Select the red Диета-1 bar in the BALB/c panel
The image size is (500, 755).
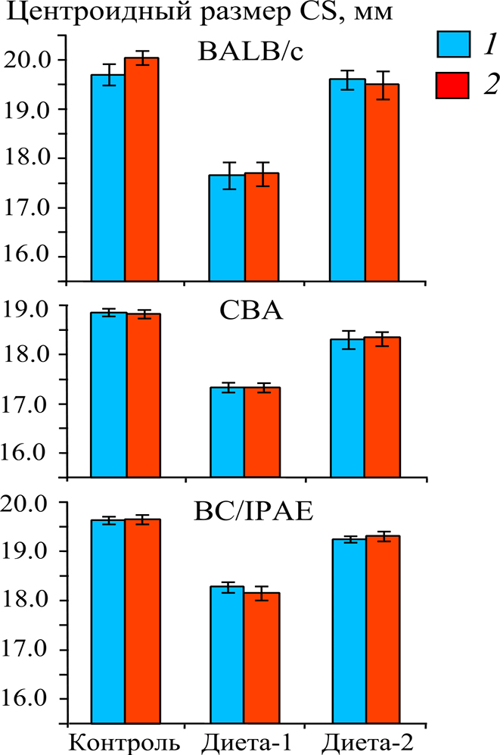click(262, 227)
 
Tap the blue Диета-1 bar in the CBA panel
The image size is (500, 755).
click(227, 432)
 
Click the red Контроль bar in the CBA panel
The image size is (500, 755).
click(143, 394)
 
